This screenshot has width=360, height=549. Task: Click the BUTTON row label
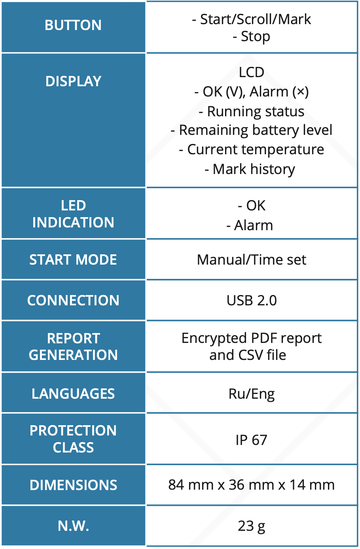point(73,25)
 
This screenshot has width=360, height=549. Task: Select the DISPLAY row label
point(73,81)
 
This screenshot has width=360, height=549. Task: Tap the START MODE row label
point(73,260)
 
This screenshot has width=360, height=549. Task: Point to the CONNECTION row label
point(73,301)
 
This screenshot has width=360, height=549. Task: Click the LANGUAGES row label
point(73,394)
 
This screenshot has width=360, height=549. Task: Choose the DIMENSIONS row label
point(73,485)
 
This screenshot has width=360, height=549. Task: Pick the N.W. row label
point(73,526)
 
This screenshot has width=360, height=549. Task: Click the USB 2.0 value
point(252,301)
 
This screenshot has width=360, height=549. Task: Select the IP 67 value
point(252,440)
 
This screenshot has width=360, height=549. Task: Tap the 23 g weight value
point(252,526)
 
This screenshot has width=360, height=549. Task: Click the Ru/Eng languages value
point(252,394)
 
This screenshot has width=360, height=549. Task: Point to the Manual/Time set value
point(252,260)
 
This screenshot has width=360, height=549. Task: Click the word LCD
point(252,72)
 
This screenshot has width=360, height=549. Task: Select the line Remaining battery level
point(252,130)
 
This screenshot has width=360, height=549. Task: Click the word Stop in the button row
point(256,37)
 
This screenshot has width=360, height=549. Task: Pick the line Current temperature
point(252,150)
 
